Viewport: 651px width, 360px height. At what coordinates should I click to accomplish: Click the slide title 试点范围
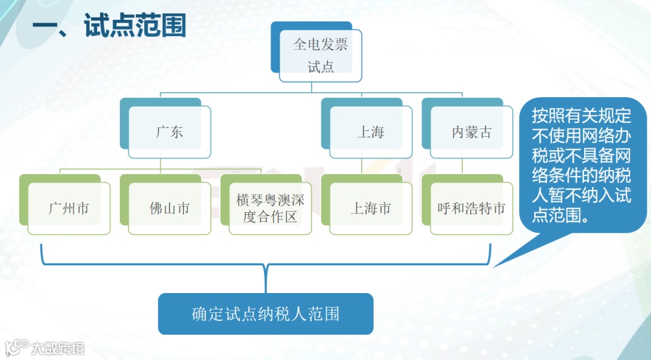[135, 26]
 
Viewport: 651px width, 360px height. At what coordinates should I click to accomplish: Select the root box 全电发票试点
[320, 55]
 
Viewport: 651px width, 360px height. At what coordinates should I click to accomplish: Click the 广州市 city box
[69, 209]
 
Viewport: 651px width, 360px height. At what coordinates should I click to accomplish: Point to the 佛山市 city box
[169, 209]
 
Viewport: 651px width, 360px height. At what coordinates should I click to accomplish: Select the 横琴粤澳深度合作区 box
[270, 209]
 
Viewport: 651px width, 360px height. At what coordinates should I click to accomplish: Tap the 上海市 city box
[371, 209]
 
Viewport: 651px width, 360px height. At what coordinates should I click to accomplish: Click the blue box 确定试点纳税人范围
[265, 314]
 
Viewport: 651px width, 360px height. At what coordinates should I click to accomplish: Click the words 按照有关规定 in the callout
[581, 115]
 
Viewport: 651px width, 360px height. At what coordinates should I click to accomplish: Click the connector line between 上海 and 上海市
[362, 166]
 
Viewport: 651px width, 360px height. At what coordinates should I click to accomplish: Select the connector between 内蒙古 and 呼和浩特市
[462, 166]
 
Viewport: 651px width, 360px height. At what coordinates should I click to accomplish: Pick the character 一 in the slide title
[46, 27]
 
